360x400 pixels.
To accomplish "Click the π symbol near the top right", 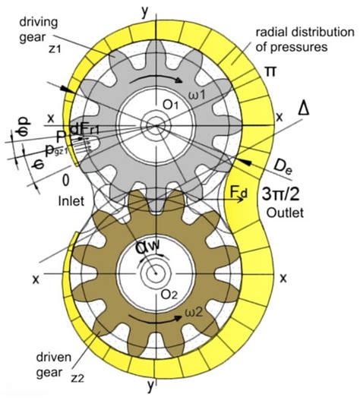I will pyautogui.click(x=270, y=71).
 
